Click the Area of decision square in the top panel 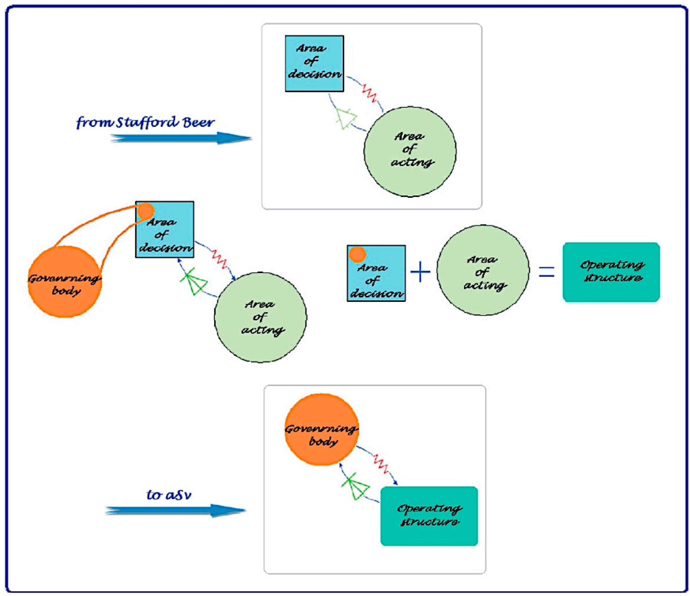point(314,63)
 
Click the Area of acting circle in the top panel point(410,152)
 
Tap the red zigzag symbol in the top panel point(370,94)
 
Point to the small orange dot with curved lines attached point(146,211)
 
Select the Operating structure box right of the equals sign point(611,272)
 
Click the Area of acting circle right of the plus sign point(483,270)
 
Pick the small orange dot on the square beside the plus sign point(357,255)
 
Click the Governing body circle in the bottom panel point(322,430)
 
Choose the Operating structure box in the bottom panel point(429,516)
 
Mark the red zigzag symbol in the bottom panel point(381,463)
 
